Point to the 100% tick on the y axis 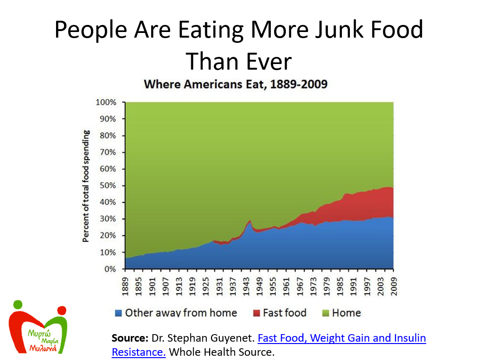point(106,102)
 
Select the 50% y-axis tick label point(108,185)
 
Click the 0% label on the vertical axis point(110,269)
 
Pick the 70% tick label point(108,152)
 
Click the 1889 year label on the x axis point(126,285)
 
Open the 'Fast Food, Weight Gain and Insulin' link point(342,338)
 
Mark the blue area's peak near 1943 point(250,221)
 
